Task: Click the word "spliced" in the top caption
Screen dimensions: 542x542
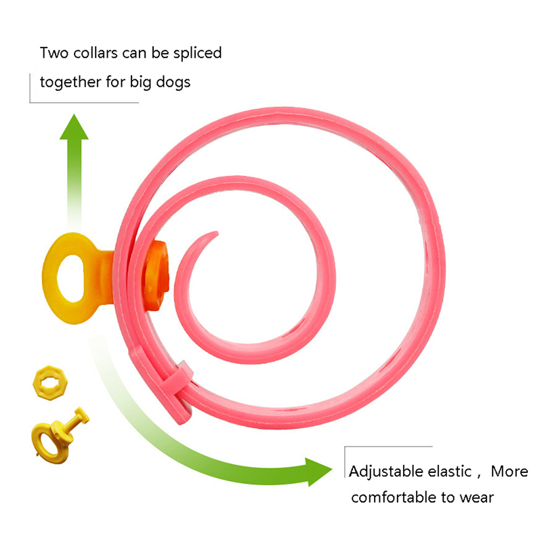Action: click(x=196, y=54)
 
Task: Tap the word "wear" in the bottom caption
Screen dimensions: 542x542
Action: click(x=477, y=498)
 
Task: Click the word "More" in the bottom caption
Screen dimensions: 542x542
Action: click(x=509, y=472)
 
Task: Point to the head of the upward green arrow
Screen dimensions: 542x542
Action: click(x=74, y=126)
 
